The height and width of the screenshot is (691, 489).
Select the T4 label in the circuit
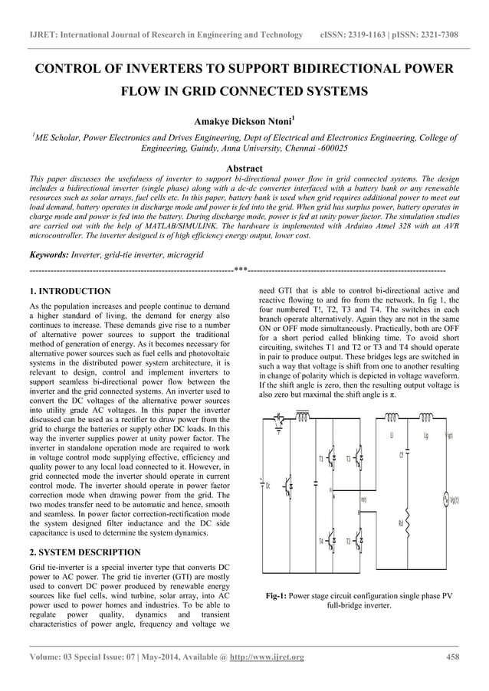click(321, 542)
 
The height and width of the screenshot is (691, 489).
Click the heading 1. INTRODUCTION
click(69, 292)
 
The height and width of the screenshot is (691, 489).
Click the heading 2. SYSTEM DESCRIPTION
click(84, 552)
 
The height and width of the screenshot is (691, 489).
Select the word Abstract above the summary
click(244, 169)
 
